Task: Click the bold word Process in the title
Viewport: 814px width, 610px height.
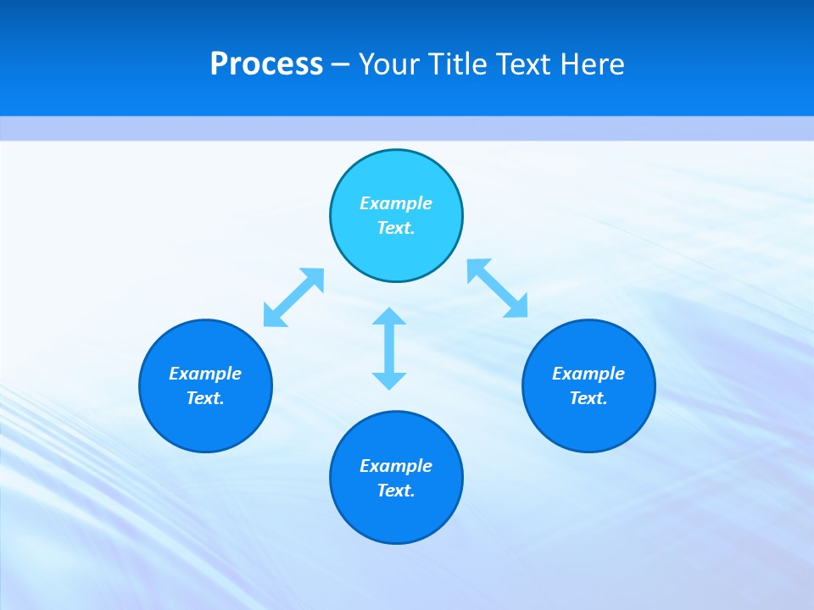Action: pos(266,64)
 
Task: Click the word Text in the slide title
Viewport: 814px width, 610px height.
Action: pos(523,64)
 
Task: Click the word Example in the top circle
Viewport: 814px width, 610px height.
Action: pos(396,203)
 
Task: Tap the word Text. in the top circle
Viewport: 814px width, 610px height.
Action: pos(396,228)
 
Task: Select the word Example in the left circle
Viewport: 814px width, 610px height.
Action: pos(205,374)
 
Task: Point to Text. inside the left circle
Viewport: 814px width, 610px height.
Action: pos(205,398)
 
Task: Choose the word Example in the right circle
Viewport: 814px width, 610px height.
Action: pos(588,374)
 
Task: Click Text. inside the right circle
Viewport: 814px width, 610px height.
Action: pos(588,398)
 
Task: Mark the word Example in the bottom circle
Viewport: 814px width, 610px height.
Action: pos(396,466)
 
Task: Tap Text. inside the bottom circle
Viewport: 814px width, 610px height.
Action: pos(396,491)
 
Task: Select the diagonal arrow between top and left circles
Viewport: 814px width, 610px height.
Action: pos(293,297)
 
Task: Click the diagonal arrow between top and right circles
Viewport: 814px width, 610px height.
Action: pos(497,288)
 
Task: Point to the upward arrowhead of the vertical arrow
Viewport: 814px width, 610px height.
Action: pos(389,317)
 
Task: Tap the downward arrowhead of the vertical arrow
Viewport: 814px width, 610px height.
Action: pos(389,380)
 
